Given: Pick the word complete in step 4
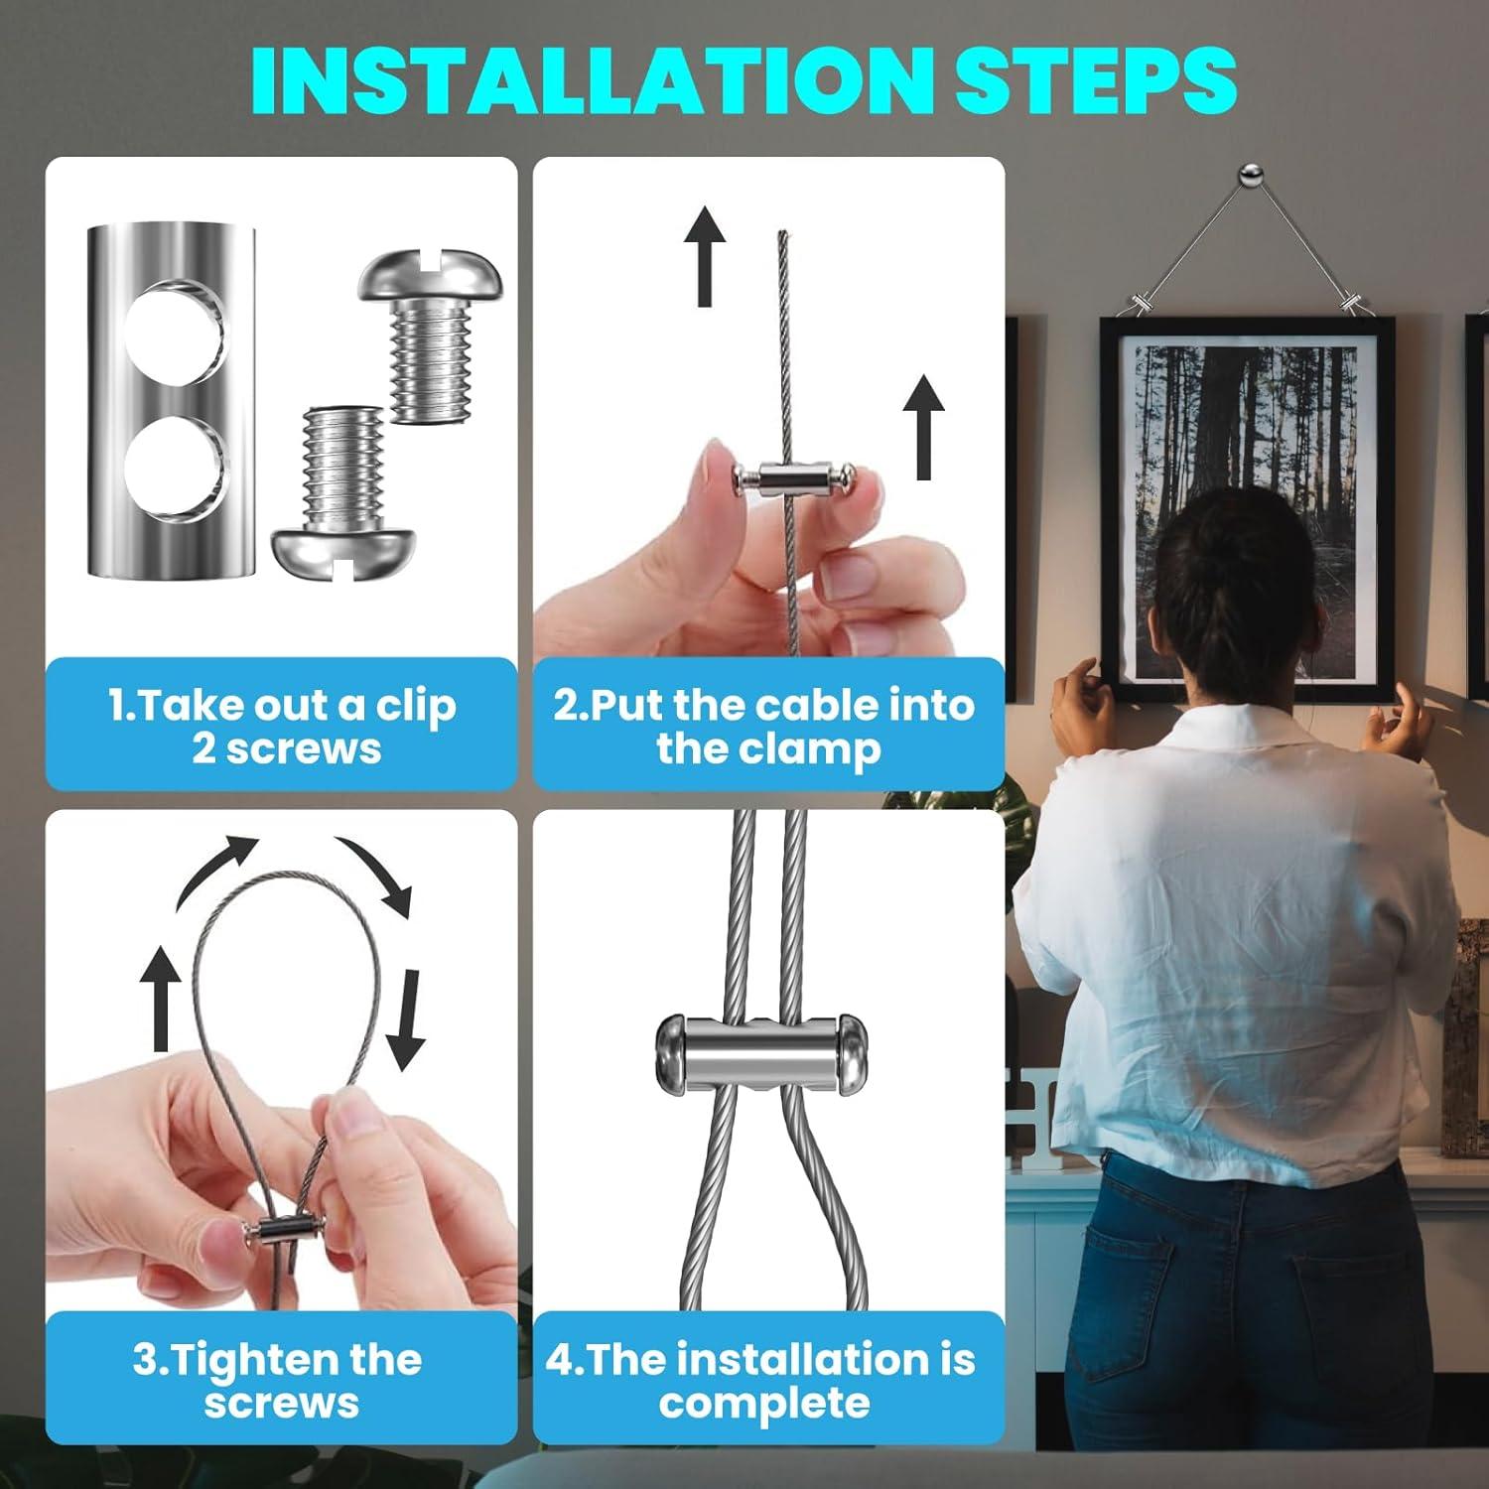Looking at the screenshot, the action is [x=764, y=1405].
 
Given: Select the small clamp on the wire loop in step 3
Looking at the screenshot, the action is [x=279, y=1233].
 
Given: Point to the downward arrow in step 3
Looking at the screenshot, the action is [x=406, y=1019].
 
